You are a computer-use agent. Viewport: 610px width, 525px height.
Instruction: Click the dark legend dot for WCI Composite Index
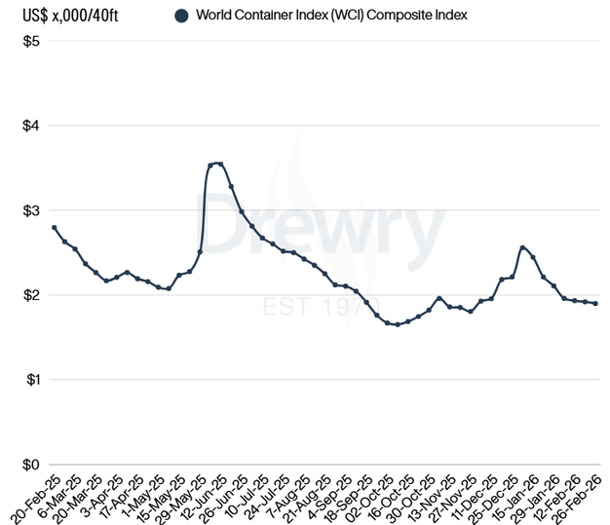point(181,16)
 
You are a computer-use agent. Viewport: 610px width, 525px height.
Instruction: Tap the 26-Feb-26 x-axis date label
point(581,497)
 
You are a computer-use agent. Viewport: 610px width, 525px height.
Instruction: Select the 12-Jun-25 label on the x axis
point(208,497)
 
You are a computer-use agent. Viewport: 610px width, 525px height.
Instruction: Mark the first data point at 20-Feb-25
point(54,227)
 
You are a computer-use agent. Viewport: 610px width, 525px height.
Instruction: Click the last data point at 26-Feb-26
point(595,303)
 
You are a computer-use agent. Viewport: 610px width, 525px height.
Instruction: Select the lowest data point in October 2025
point(398,324)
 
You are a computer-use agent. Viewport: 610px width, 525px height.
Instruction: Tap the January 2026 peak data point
point(522,247)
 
